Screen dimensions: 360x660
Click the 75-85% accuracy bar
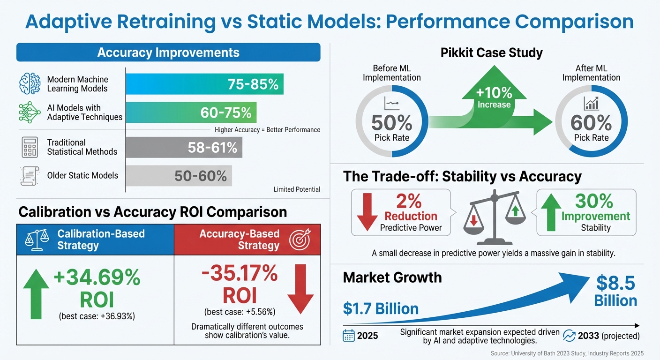coord(205,84)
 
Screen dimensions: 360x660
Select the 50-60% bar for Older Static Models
coord(179,176)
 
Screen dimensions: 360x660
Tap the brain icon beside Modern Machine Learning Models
coord(30,84)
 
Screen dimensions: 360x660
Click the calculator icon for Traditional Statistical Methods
coord(30,147)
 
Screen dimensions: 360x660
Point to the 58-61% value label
coord(212,148)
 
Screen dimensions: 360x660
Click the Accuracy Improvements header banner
coord(168,52)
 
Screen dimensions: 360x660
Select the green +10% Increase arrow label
coord(494,96)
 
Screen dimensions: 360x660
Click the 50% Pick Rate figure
coord(391,123)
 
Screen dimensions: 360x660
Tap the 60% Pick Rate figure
coord(591,123)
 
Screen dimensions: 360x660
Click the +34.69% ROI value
coord(97,278)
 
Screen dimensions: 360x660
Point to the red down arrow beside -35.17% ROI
coord(300,288)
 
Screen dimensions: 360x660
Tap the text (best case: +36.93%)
coord(97,316)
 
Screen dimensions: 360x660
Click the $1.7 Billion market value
coord(381,308)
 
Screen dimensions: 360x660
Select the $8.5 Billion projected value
coord(615,292)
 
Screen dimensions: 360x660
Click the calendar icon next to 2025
coord(349,336)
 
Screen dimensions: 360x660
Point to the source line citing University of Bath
coord(567,353)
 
